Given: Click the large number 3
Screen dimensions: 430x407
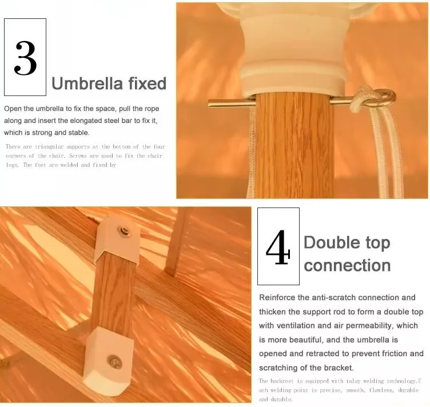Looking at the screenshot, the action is (x=25, y=58).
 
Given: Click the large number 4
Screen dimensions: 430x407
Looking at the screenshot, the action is (x=278, y=248).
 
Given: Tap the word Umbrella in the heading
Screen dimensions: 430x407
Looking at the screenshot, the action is (x=87, y=83).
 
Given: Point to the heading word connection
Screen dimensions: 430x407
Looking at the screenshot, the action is (x=347, y=265).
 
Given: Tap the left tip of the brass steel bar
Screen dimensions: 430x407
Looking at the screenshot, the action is (x=208, y=103).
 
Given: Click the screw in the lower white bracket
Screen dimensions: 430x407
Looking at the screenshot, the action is (x=114, y=362).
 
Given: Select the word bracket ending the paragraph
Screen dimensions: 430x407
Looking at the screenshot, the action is (x=339, y=368).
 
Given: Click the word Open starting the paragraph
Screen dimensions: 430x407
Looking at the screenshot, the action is (x=13, y=109).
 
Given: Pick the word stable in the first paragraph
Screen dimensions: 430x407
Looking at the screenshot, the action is (x=79, y=133).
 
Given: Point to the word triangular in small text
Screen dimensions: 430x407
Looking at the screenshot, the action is (x=49, y=147).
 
